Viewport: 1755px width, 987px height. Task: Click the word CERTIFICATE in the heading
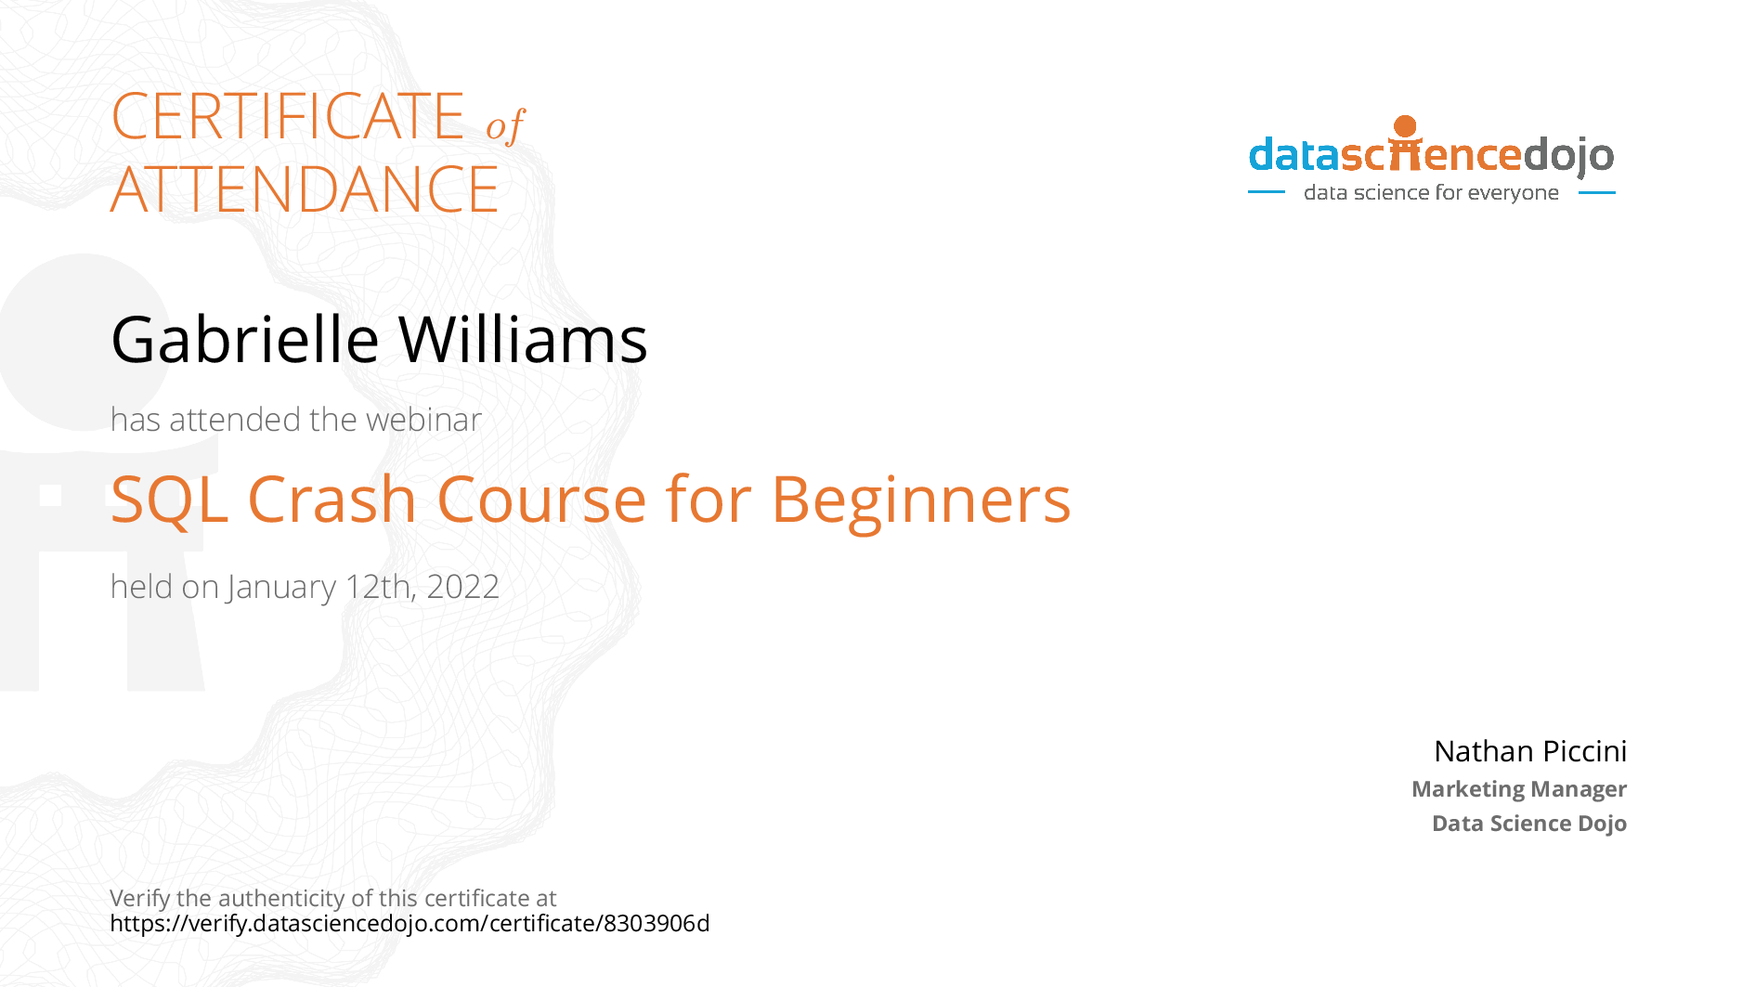click(x=288, y=116)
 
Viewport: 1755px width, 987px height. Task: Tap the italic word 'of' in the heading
click(x=505, y=124)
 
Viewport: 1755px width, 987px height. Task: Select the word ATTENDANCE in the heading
click(x=305, y=189)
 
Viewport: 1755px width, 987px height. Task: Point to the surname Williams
click(x=524, y=340)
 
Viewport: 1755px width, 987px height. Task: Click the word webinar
click(x=423, y=420)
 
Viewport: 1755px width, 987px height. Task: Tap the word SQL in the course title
click(x=169, y=500)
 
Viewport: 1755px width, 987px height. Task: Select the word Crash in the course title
click(x=332, y=500)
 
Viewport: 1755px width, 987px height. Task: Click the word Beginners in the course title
click(x=921, y=501)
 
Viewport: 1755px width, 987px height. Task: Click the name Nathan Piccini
click(x=1530, y=751)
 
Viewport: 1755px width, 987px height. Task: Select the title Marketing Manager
click(x=1519, y=789)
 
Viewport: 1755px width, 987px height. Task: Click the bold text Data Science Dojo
click(x=1529, y=824)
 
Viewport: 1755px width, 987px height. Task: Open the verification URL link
click(x=409, y=924)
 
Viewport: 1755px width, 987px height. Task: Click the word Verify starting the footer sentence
click(x=140, y=899)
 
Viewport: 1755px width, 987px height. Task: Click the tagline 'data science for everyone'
click(x=1431, y=193)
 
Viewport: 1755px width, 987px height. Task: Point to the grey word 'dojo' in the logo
click(x=1568, y=155)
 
